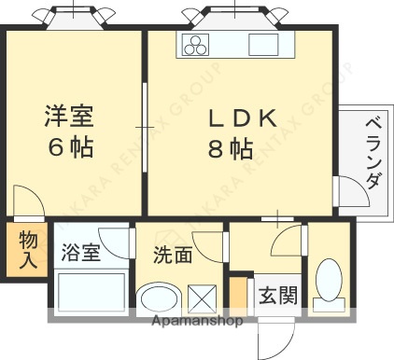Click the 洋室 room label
click(x=70, y=117)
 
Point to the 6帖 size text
click(x=70, y=146)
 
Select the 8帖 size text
click(x=230, y=147)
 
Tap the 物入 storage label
click(x=28, y=249)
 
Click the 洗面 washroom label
click(x=174, y=254)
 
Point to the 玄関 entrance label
click(x=277, y=296)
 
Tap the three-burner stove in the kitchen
click(x=199, y=46)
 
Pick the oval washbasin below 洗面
click(x=159, y=299)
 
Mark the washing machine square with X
click(x=203, y=298)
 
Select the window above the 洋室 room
click(x=73, y=16)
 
